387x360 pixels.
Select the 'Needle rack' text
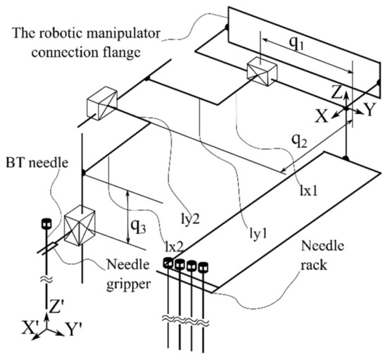pyautogui.click(x=322, y=258)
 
